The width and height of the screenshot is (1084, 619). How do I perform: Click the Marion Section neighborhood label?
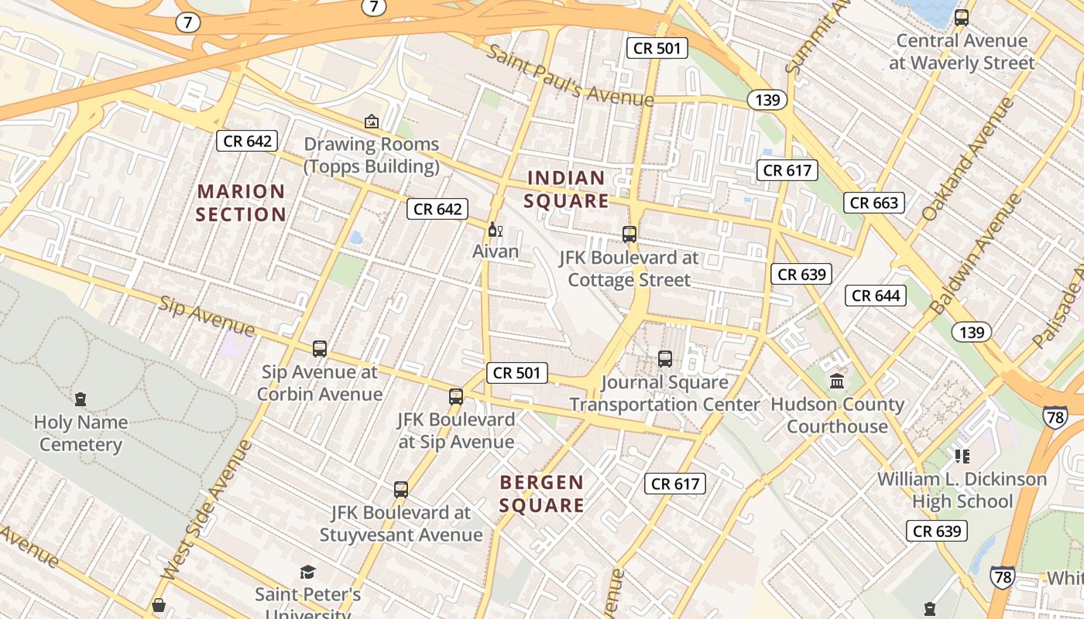pyautogui.click(x=241, y=203)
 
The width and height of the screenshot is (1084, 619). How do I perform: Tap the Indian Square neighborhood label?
pyautogui.click(x=567, y=190)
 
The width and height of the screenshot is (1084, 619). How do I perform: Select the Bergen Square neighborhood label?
pyautogui.click(x=541, y=494)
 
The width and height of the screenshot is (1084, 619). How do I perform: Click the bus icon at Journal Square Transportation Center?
pyautogui.click(x=665, y=359)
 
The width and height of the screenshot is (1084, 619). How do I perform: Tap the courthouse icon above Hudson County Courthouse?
pyautogui.click(x=837, y=381)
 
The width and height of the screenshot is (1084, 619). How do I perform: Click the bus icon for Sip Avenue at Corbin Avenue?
pyautogui.click(x=320, y=349)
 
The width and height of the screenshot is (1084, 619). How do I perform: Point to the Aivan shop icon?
pyautogui.click(x=496, y=230)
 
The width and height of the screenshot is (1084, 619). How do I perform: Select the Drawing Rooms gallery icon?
pyautogui.click(x=372, y=121)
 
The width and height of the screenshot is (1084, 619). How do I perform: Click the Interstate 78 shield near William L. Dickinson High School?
pyautogui.click(x=1055, y=416)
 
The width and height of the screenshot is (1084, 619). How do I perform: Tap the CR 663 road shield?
pyautogui.click(x=874, y=203)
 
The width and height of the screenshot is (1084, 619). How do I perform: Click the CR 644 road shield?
pyautogui.click(x=876, y=296)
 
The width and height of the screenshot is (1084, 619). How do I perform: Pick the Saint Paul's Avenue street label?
pyautogui.click(x=571, y=76)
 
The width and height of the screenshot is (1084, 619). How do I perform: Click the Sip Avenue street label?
pyautogui.click(x=207, y=316)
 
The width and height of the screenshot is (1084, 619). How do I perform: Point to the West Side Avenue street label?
pyautogui.click(x=207, y=511)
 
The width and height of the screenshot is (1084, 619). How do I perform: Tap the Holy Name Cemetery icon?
pyautogui.click(x=81, y=400)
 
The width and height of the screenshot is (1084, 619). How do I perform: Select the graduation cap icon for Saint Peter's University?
pyautogui.click(x=308, y=573)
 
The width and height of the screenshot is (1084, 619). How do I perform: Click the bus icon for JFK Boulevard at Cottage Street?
pyautogui.click(x=629, y=234)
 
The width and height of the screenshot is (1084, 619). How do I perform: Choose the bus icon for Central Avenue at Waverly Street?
pyautogui.click(x=962, y=18)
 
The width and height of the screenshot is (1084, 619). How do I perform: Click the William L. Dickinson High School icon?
pyautogui.click(x=962, y=456)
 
